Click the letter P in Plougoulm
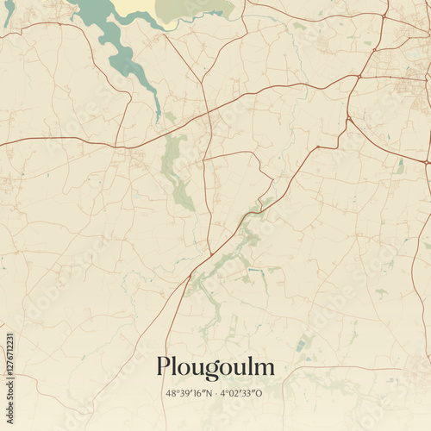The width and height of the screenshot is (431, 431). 164,366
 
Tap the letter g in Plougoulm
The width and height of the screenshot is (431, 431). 206,370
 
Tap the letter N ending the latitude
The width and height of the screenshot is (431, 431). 207,393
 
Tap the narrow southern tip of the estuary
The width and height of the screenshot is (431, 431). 158,112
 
